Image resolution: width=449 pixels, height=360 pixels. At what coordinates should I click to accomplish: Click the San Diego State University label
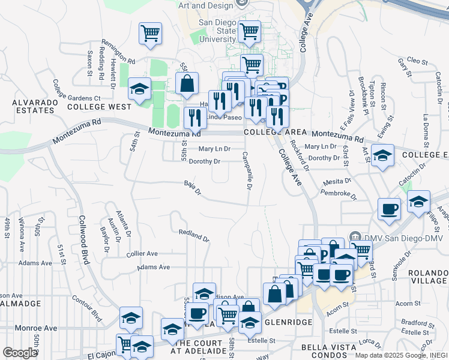point(218,31)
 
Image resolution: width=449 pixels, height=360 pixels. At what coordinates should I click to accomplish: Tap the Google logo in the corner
point(19,353)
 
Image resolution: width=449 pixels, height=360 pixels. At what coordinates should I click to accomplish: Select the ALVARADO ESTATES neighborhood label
point(35,106)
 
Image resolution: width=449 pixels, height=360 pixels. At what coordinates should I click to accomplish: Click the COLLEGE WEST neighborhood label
point(99,107)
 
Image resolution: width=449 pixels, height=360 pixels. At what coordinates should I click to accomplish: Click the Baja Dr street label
point(192,188)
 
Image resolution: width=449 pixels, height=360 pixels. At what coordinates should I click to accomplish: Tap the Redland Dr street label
point(194,235)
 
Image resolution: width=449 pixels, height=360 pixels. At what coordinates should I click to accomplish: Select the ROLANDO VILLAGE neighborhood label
point(427,277)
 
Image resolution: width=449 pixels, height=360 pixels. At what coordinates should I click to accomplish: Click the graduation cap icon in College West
point(139,90)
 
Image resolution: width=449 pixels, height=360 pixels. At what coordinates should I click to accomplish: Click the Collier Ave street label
point(142,254)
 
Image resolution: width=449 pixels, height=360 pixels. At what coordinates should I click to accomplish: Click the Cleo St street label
point(417,61)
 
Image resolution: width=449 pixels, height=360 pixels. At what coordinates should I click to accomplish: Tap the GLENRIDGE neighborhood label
point(289,322)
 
